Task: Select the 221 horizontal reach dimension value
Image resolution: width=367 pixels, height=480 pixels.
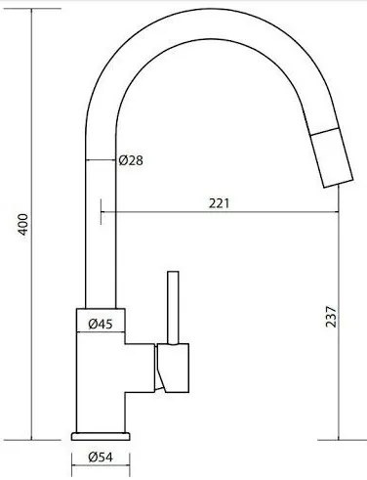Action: (220, 203)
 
